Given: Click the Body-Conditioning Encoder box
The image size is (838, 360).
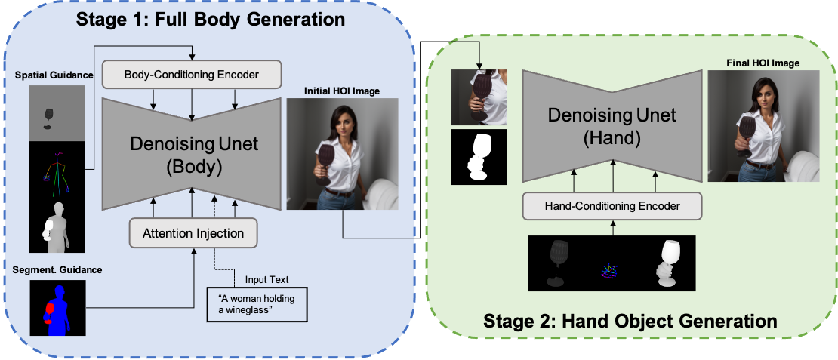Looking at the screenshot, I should (191, 75).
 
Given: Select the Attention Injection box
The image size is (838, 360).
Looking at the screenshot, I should (193, 233).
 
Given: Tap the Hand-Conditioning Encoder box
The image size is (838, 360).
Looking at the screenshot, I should (612, 205).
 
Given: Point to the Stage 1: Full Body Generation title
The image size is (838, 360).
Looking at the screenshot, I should (210, 20).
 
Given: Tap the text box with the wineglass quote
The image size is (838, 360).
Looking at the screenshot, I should (257, 305).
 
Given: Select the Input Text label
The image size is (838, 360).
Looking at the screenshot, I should (266, 279).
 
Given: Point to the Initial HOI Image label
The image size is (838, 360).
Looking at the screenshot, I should (341, 91).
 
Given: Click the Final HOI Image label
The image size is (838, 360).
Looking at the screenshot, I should (763, 63).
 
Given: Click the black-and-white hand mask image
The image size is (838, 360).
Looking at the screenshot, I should (479, 157).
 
